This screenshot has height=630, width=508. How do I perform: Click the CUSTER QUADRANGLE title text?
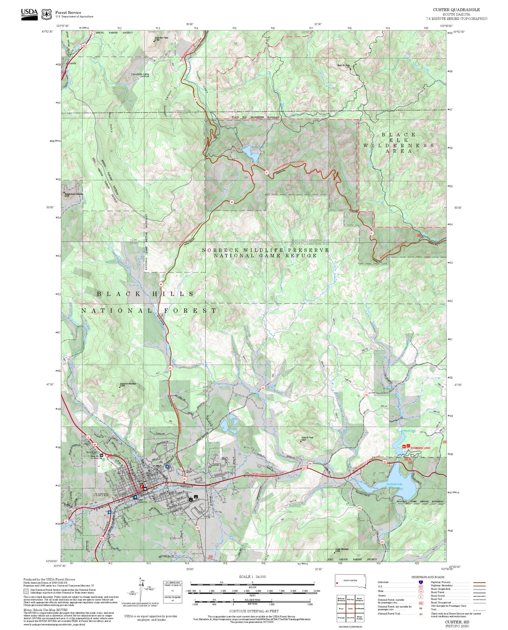pos(456,10)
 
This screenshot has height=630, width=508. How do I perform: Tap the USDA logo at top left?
pos(29,14)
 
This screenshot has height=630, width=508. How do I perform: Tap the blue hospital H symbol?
pos(167,467)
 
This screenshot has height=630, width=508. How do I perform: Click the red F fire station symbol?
pos(142,487)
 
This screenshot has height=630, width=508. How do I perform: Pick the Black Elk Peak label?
pos(343,65)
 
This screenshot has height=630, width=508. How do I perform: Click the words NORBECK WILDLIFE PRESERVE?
pos(265,250)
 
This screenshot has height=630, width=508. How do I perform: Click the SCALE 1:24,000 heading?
pos(252,577)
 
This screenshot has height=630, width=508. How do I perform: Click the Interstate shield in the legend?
pos(420,582)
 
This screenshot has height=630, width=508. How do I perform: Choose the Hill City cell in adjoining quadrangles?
pos(350,599)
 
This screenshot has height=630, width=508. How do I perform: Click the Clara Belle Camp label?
pos(140,74)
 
